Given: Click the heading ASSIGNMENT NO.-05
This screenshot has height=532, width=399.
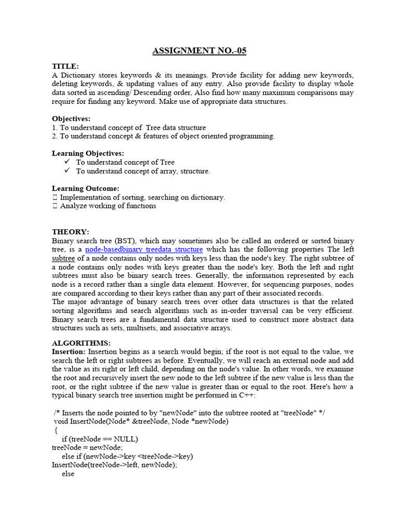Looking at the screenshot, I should tap(199, 51).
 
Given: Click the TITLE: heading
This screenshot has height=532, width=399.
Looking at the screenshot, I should tap(65, 66).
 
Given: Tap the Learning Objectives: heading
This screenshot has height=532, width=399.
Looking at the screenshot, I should tap(88, 153).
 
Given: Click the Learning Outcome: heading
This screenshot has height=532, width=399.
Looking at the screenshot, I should tap(86, 188).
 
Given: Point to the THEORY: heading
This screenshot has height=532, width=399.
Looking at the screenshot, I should tap(71, 232).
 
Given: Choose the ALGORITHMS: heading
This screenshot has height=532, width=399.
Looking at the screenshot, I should tap(81, 343).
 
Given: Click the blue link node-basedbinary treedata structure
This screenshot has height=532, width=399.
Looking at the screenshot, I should tap(144, 249).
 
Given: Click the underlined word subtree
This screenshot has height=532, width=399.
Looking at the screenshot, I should tap(63, 258).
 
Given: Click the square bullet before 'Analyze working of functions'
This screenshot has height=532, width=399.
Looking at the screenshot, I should tap(55, 206).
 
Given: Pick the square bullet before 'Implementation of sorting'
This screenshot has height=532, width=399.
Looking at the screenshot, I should tap(55, 197).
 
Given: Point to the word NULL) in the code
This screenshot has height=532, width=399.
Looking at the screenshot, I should tap(125, 439).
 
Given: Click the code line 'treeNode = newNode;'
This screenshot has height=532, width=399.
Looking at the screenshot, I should tap(87, 448).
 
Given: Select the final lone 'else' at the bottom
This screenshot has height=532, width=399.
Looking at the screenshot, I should tap(68, 474).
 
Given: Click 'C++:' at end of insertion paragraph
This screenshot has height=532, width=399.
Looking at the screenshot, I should tap(242, 395).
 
